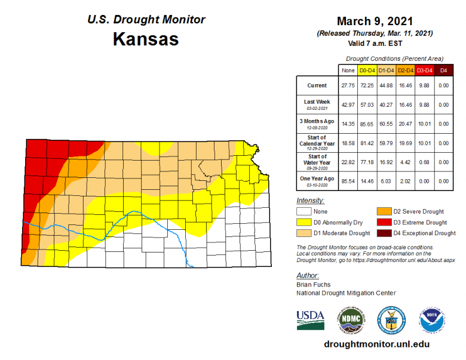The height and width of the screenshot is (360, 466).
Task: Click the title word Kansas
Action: point(146,39)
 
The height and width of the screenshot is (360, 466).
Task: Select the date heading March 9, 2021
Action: point(375,21)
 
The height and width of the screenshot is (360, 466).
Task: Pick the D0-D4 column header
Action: point(367,70)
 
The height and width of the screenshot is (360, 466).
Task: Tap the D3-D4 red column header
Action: point(424,70)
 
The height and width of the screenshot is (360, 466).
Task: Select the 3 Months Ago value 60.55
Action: point(386,124)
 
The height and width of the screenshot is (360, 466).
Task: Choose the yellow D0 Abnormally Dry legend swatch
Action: point(305,222)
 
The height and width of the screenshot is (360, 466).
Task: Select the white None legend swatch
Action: point(305,211)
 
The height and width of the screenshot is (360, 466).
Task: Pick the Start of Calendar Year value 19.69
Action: point(405,143)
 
